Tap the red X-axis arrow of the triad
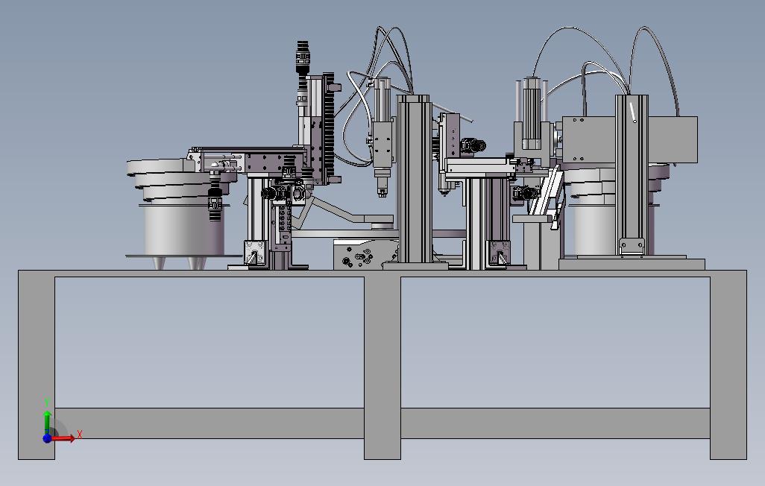(x=63, y=438)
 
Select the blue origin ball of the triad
(x=47, y=438)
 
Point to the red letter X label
(x=80, y=434)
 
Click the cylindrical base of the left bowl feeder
(x=184, y=230)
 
